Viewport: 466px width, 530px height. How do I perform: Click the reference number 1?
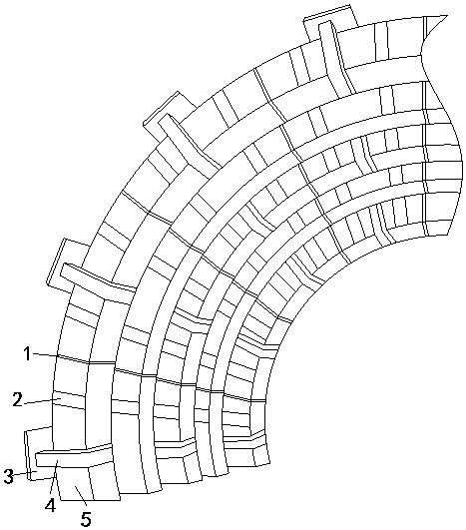tap(27, 354)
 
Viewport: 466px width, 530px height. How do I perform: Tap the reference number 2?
tap(17, 399)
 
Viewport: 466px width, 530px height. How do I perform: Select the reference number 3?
tap(8, 476)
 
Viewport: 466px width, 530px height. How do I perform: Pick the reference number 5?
tap(86, 519)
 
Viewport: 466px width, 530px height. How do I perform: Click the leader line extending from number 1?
tap(45, 355)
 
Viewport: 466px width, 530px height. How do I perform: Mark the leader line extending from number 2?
tap(41, 401)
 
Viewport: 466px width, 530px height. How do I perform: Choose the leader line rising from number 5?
tap(81, 496)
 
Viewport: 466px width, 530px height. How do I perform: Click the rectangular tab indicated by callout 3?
tap(30, 454)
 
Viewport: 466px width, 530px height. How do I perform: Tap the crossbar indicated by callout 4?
tap(74, 455)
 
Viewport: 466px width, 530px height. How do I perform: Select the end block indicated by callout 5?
tap(89, 483)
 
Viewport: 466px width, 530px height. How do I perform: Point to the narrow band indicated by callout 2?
tap(69, 400)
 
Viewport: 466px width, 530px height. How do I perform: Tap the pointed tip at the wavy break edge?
tap(447, 16)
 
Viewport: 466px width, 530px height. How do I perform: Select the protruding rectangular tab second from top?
tap(169, 113)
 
